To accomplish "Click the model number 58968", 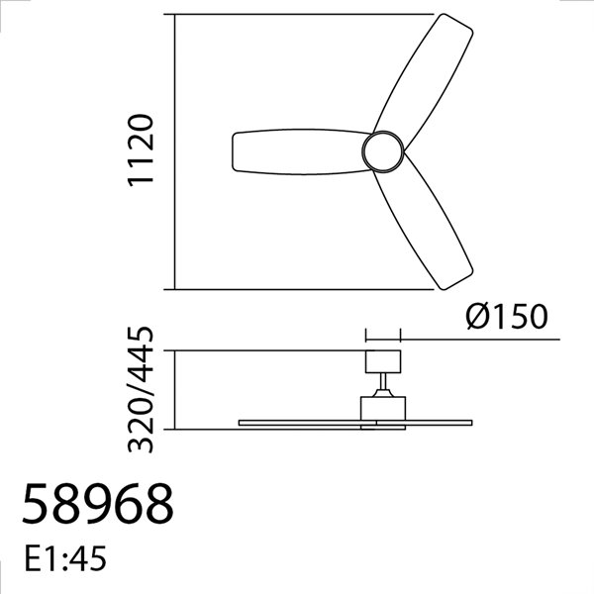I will coord(97,506).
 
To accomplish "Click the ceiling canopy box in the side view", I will coord(382,360).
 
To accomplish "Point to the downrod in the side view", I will coord(382,384).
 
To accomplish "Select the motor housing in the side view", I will coord(382,408).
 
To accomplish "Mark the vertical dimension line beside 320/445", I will coord(174,390).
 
